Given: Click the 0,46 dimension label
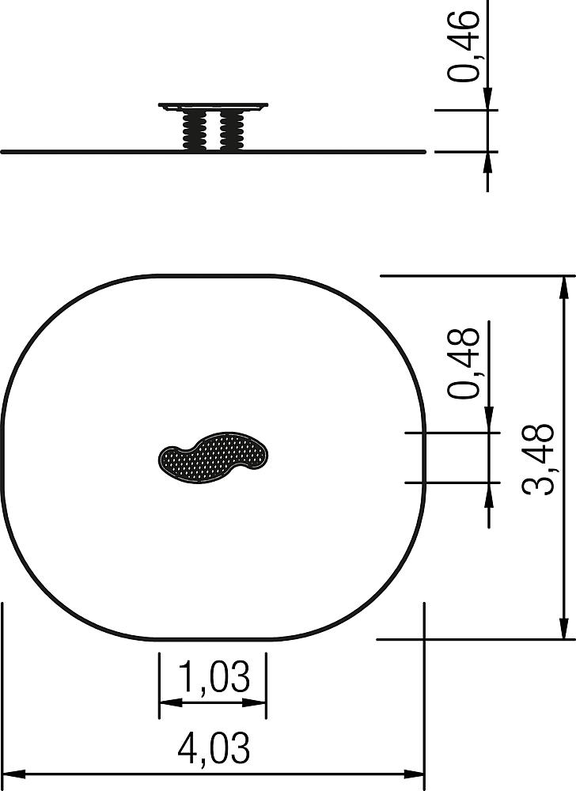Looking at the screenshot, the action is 463,45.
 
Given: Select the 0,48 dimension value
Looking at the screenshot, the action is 463,363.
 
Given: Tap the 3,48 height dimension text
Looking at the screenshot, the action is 539,459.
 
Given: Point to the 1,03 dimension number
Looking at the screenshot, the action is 214,677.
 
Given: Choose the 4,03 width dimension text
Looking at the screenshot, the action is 214,749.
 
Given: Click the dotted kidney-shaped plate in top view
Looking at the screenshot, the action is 213,457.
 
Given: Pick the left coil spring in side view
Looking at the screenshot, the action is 194,131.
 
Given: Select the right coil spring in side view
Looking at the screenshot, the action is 232,131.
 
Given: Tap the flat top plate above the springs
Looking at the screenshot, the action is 213,106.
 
